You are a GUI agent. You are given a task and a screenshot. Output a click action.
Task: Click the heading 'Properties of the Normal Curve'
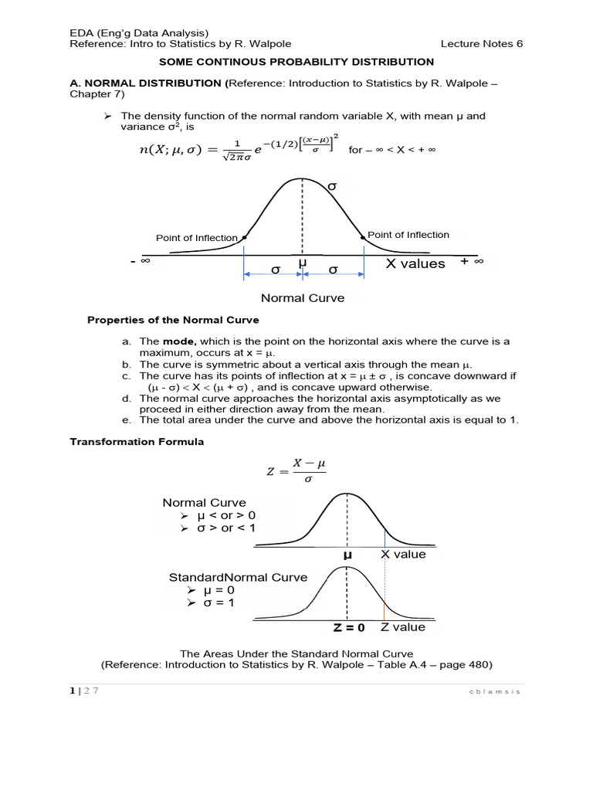pos(173,320)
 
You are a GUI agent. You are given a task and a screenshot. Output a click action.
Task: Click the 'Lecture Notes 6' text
pos(482,43)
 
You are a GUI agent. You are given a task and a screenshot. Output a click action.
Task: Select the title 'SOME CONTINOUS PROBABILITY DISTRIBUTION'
pos(296,62)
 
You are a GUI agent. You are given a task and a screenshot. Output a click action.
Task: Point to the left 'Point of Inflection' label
pos(196,238)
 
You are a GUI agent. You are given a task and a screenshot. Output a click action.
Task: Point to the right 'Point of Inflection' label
pos(408,235)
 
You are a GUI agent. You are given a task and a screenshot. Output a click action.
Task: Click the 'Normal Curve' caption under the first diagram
pos(303,297)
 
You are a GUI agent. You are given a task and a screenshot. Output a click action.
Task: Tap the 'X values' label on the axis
pos(415,263)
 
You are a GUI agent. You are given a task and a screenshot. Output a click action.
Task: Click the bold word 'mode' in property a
pos(179,341)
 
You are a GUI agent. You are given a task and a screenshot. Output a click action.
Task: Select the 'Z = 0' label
pos(349,628)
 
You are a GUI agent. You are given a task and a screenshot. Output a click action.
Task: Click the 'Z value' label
pos(403,627)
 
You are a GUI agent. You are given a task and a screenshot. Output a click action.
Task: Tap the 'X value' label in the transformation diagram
pos(404,554)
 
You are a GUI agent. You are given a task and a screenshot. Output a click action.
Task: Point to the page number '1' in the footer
pos(72,691)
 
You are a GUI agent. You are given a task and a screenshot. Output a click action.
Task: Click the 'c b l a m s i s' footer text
pos(495,691)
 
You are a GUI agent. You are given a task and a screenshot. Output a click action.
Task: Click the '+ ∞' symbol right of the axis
pos(471,261)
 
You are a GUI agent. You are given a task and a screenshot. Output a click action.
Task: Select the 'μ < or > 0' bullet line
pos(225,515)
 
